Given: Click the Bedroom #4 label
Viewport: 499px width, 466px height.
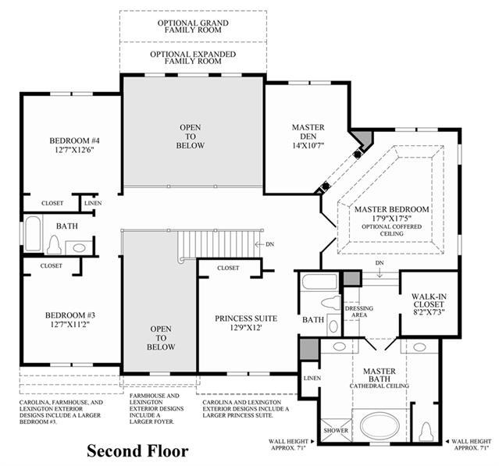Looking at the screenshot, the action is (74, 141).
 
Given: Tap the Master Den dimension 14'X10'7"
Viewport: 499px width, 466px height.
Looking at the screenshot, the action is (308, 145).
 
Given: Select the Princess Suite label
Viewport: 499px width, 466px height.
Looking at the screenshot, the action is (246, 318).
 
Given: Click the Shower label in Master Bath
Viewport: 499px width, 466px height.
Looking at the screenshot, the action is (336, 430).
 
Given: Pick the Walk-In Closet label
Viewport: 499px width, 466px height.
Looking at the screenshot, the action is (429, 301).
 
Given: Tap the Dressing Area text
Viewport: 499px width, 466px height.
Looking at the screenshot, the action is (359, 311).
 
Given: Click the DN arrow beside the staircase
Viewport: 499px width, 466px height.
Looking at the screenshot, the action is (259, 244).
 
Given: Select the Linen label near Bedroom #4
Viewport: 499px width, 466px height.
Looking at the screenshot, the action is (93, 203).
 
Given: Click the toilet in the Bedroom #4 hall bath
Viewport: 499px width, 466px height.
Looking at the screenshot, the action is (55, 245).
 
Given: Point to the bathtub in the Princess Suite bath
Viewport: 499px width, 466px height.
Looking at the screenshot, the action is (319, 282).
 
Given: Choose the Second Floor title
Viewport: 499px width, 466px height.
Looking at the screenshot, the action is (137, 450).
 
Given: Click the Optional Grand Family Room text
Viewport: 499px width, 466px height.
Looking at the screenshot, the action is (193, 27).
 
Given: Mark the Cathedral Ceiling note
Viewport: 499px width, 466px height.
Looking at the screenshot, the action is (379, 386).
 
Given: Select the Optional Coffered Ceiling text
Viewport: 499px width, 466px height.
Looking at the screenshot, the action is (392, 230).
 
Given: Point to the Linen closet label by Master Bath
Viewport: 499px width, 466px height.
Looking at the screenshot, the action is (312, 379).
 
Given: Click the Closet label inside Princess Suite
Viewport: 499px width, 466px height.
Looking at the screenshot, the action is (228, 269).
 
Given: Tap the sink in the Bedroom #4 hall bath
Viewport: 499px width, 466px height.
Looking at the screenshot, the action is (79, 247).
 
